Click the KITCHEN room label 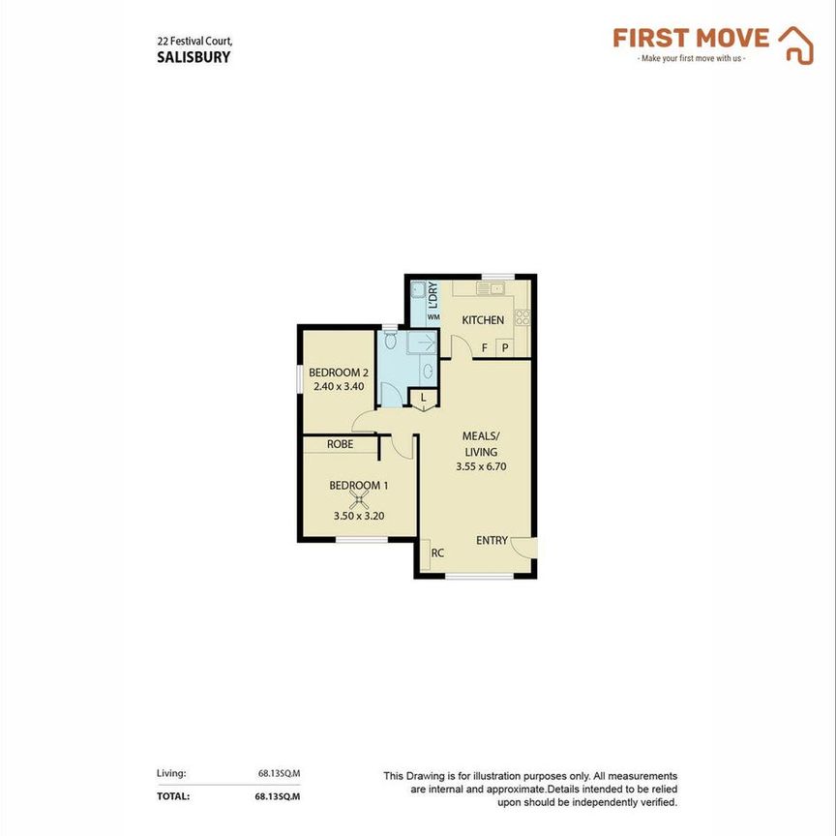pos(482,320)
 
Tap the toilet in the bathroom pos(390,341)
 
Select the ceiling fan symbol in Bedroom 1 pos(359,500)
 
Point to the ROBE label pos(339,444)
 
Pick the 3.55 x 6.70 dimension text pos(481,466)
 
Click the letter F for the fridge pos(483,347)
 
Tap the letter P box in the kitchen pos(504,348)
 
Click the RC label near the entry pos(437,553)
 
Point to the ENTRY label pos(492,540)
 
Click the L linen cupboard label pos(423,398)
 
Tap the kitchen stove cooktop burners pos(522,315)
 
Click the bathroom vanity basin pos(428,370)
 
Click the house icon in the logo pos(796,45)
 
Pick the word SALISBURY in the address pos(194,56)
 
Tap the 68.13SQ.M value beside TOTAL pos(279,796)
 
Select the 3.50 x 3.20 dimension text pos(359,516)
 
